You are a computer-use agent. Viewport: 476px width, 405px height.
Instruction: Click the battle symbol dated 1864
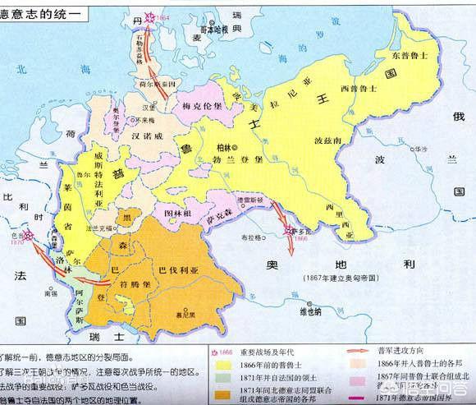[x=149, y=16]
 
